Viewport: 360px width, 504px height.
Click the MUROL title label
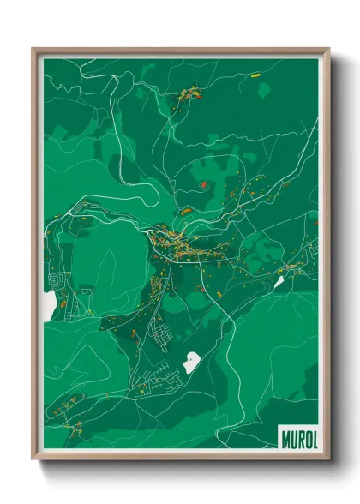tap(298, 438)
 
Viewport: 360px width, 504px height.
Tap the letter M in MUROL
tap(285, 438)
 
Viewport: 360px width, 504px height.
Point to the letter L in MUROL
tap(314, 438)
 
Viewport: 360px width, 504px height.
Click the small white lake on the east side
tap(278, 280)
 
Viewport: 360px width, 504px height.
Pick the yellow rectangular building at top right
tap(255, 75)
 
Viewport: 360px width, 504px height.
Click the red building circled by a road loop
tap(203, 183)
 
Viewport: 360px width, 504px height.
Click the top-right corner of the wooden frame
tap(328, 50)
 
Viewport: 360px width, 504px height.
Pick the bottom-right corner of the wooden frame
tap(328, 459)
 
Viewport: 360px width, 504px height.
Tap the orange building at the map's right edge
tap(315, 222)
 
